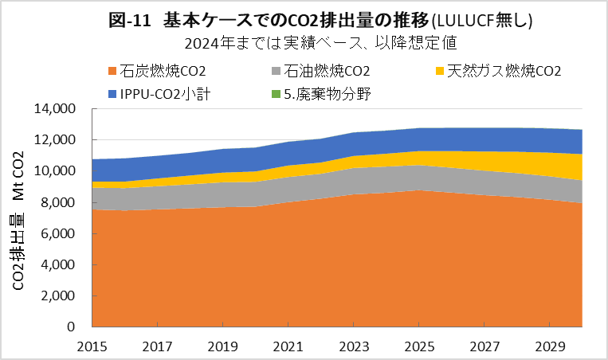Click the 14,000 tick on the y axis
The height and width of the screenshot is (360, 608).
pos(57,108)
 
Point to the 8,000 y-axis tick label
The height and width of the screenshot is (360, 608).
pos(60,202)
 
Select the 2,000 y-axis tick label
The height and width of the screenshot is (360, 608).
pos(60,295)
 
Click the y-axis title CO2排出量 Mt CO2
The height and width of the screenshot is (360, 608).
pos(18,217)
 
